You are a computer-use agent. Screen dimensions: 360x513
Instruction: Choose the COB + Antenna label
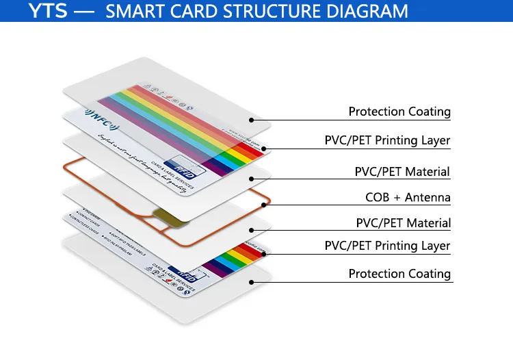(x=408, y=198)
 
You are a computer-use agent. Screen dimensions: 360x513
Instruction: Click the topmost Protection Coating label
(x=399, y=112)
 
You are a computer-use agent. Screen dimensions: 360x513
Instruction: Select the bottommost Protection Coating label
(x=399, y=274)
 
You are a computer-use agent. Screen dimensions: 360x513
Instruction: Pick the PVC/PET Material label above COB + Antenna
(x=402, y=172)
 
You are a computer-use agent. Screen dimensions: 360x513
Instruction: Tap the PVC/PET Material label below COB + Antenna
(x=403, y=223)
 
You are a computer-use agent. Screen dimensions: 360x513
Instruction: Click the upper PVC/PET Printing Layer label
(x=387, y=141)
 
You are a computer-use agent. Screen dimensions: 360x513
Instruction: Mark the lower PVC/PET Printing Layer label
(x=387, y=246)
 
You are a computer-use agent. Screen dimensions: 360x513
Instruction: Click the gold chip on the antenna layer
(x=167, y=218)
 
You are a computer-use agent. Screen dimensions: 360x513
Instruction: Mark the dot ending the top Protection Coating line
(x=251, y=120)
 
